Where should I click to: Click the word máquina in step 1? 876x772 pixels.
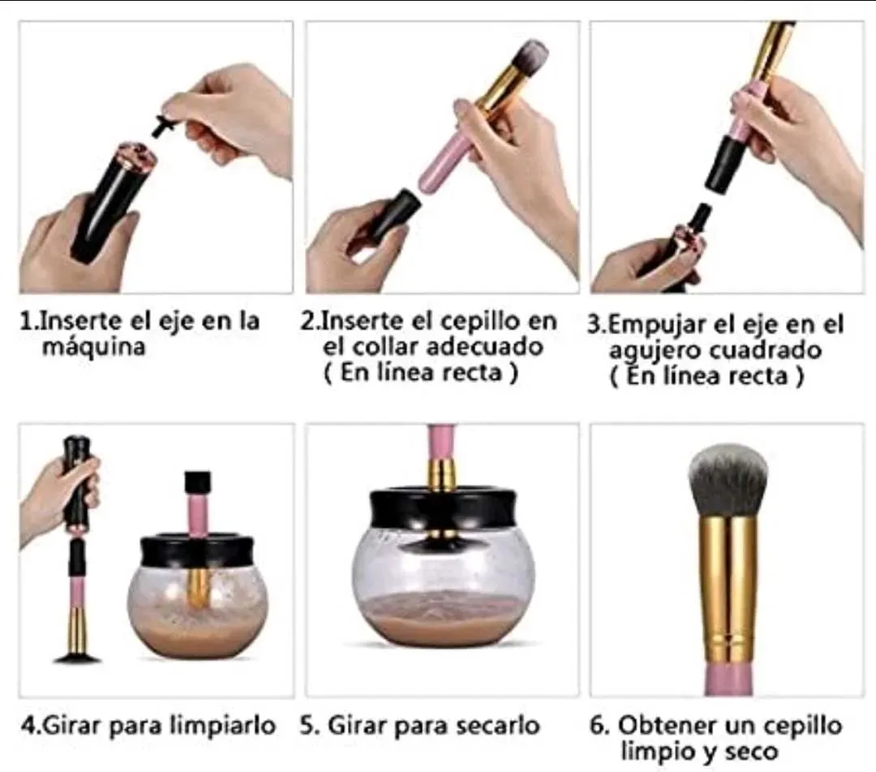[x=94, y=347]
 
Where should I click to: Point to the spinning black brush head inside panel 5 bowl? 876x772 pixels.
[x=442, y=538]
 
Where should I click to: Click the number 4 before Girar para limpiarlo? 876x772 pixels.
[x=28, y=727]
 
